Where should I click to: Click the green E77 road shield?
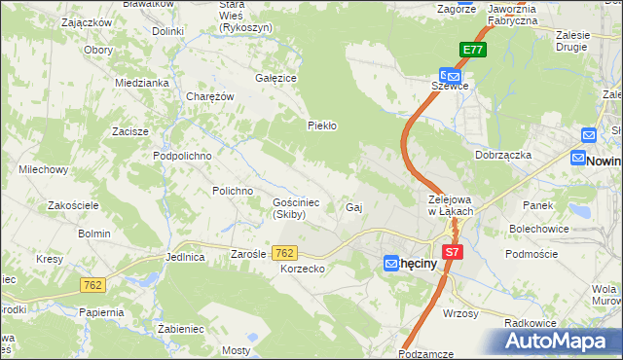[472, 51]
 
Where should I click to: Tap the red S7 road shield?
[451, 252]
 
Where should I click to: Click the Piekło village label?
[321, 126]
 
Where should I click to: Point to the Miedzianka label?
[142, 83]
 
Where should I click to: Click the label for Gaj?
[354, 208]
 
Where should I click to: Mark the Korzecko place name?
[301, 268]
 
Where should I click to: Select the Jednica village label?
[185, 258]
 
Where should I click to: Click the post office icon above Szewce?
[451, 73]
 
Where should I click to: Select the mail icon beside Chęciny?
[389, 263]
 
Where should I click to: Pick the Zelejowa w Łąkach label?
[451, 205]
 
